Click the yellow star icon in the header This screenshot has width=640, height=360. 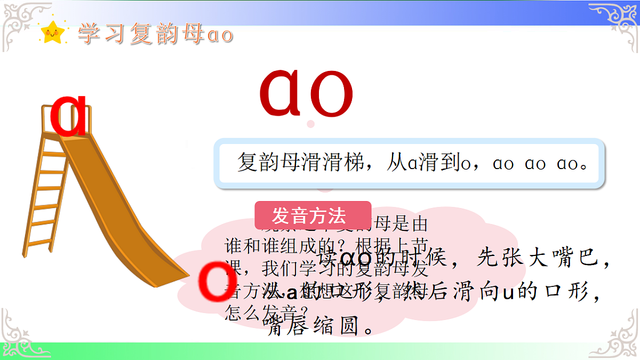52,33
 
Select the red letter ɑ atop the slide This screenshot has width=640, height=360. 69,116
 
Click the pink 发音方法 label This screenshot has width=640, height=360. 313,215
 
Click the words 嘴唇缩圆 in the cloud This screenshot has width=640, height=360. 315,326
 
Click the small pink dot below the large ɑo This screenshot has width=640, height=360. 311,124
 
